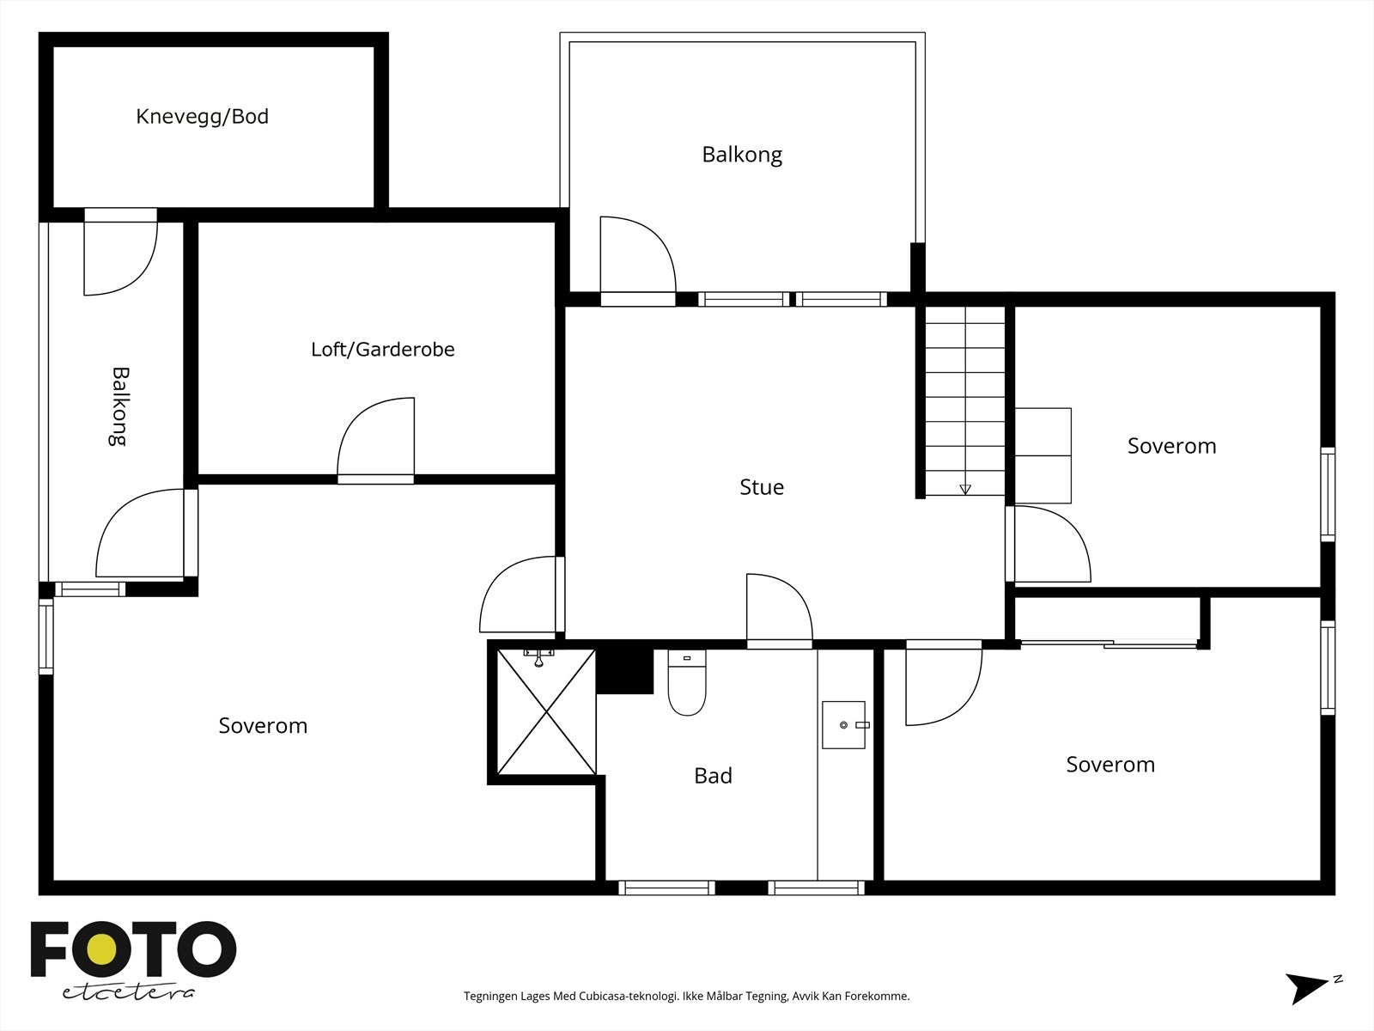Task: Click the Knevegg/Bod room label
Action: pyautogui.click(x=202, y=117)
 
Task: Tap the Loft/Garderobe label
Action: pyautogui.click(x=382, y=350)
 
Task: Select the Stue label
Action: pyautogui.click(x=762, y=487)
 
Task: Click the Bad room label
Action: pyautogui.click(x=713, y=776)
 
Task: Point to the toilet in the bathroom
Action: pyautogui.click(x=687, y=682)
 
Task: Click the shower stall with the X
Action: pyautogui.click(x=546, y=711)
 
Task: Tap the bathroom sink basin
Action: pyautogui.click(x=844, y=725)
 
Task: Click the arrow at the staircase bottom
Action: pyautogui.click(x=965, y=490)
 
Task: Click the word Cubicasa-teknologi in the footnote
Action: pyautogui.click(x=629, y=996)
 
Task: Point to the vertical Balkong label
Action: pyautogui.click(x=119, y=406)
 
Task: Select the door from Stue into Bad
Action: pyautogui.click(x=780, y=611)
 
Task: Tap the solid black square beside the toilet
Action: pyautogui.click(x=624, y=671)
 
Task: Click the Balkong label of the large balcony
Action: pyautogui.click(x=742, y=155)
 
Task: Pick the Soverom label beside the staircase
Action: pyautogui.click(x=1172, y=446)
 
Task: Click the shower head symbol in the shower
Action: pyautogui.click(x=538, y=658)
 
